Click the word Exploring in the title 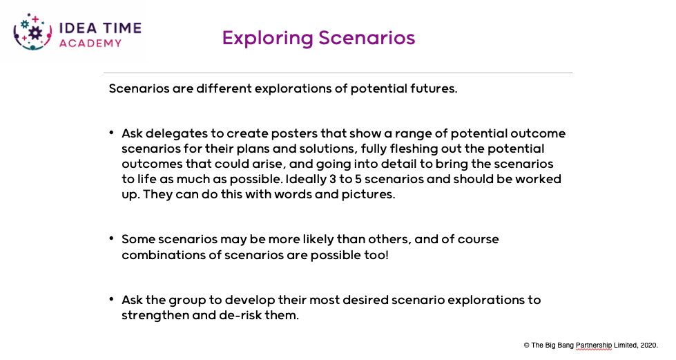[268, 39]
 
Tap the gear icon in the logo [35, 32]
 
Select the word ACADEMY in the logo [90, 43]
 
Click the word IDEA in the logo [78, 28]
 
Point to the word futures [433, 88]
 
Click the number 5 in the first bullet [358, 179]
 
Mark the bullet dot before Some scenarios [112, 238]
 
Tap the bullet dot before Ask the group [112, 299]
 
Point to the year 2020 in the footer [649, 345]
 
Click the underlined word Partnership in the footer [594, 345]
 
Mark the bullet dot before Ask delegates [112, 132]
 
